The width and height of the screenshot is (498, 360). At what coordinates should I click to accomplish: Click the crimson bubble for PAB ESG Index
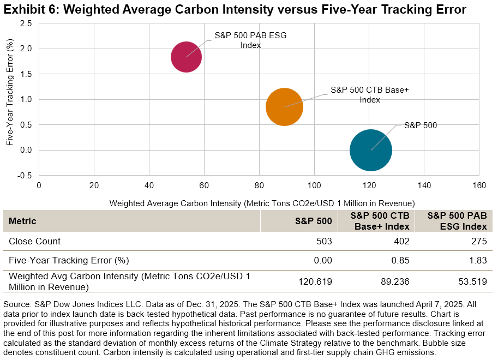[x=186, y=57]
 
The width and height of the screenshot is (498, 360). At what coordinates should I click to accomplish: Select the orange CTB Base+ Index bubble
[x=284, y=107]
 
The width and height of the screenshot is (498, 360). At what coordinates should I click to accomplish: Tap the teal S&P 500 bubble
[x=371, y=150]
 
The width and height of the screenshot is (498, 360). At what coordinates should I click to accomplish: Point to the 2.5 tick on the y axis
[x=26, y=23]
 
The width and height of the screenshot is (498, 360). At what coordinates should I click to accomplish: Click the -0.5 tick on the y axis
[x=25, y=175]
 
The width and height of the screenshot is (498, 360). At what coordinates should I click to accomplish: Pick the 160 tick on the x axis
[x=479, y=185]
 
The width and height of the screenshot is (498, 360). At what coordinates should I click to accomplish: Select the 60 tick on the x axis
[x=204, y=185]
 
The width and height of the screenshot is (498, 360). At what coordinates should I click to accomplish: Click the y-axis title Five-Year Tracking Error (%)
[x=10, y=99]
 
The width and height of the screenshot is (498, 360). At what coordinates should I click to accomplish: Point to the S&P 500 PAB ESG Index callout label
[x=250, y=40]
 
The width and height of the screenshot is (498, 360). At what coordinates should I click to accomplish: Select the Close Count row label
[x=34, y=241]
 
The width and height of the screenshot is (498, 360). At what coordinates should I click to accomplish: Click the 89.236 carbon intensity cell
[x=395, y=282]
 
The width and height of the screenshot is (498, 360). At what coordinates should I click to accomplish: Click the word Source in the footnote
[x=17, y=303]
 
